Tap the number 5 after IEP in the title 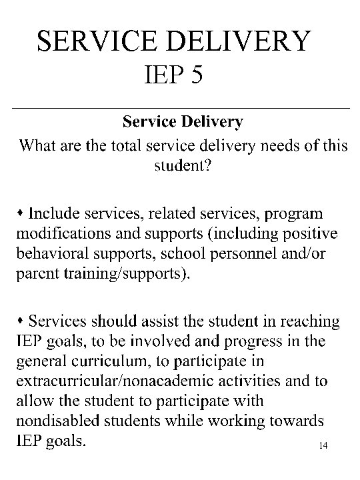point(195,78)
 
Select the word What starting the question point(39,145)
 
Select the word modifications point(55,234)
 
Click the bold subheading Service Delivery point(183,122)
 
